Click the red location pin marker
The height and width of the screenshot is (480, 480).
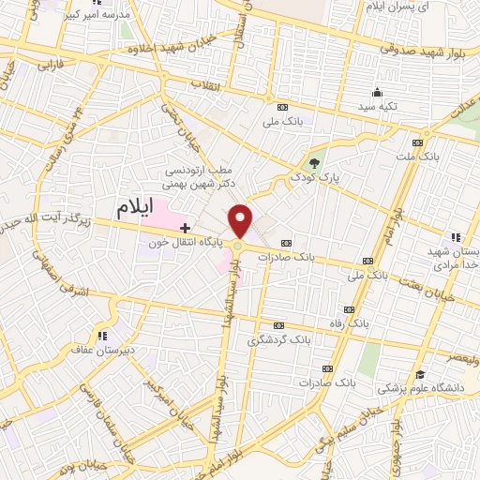pos(241,221)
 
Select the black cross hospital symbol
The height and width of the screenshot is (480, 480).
pos(186,228)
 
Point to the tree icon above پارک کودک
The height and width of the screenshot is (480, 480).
pos(314,163)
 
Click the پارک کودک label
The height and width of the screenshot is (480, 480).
pos(314,176)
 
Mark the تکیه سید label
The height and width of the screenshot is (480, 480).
pos(376,107)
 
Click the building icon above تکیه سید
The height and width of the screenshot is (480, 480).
pos(377,92)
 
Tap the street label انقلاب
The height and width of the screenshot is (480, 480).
pos(204,86)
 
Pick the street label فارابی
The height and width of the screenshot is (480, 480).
pos(49,67)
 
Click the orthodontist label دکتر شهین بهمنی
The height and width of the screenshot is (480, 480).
pos(198,185)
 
